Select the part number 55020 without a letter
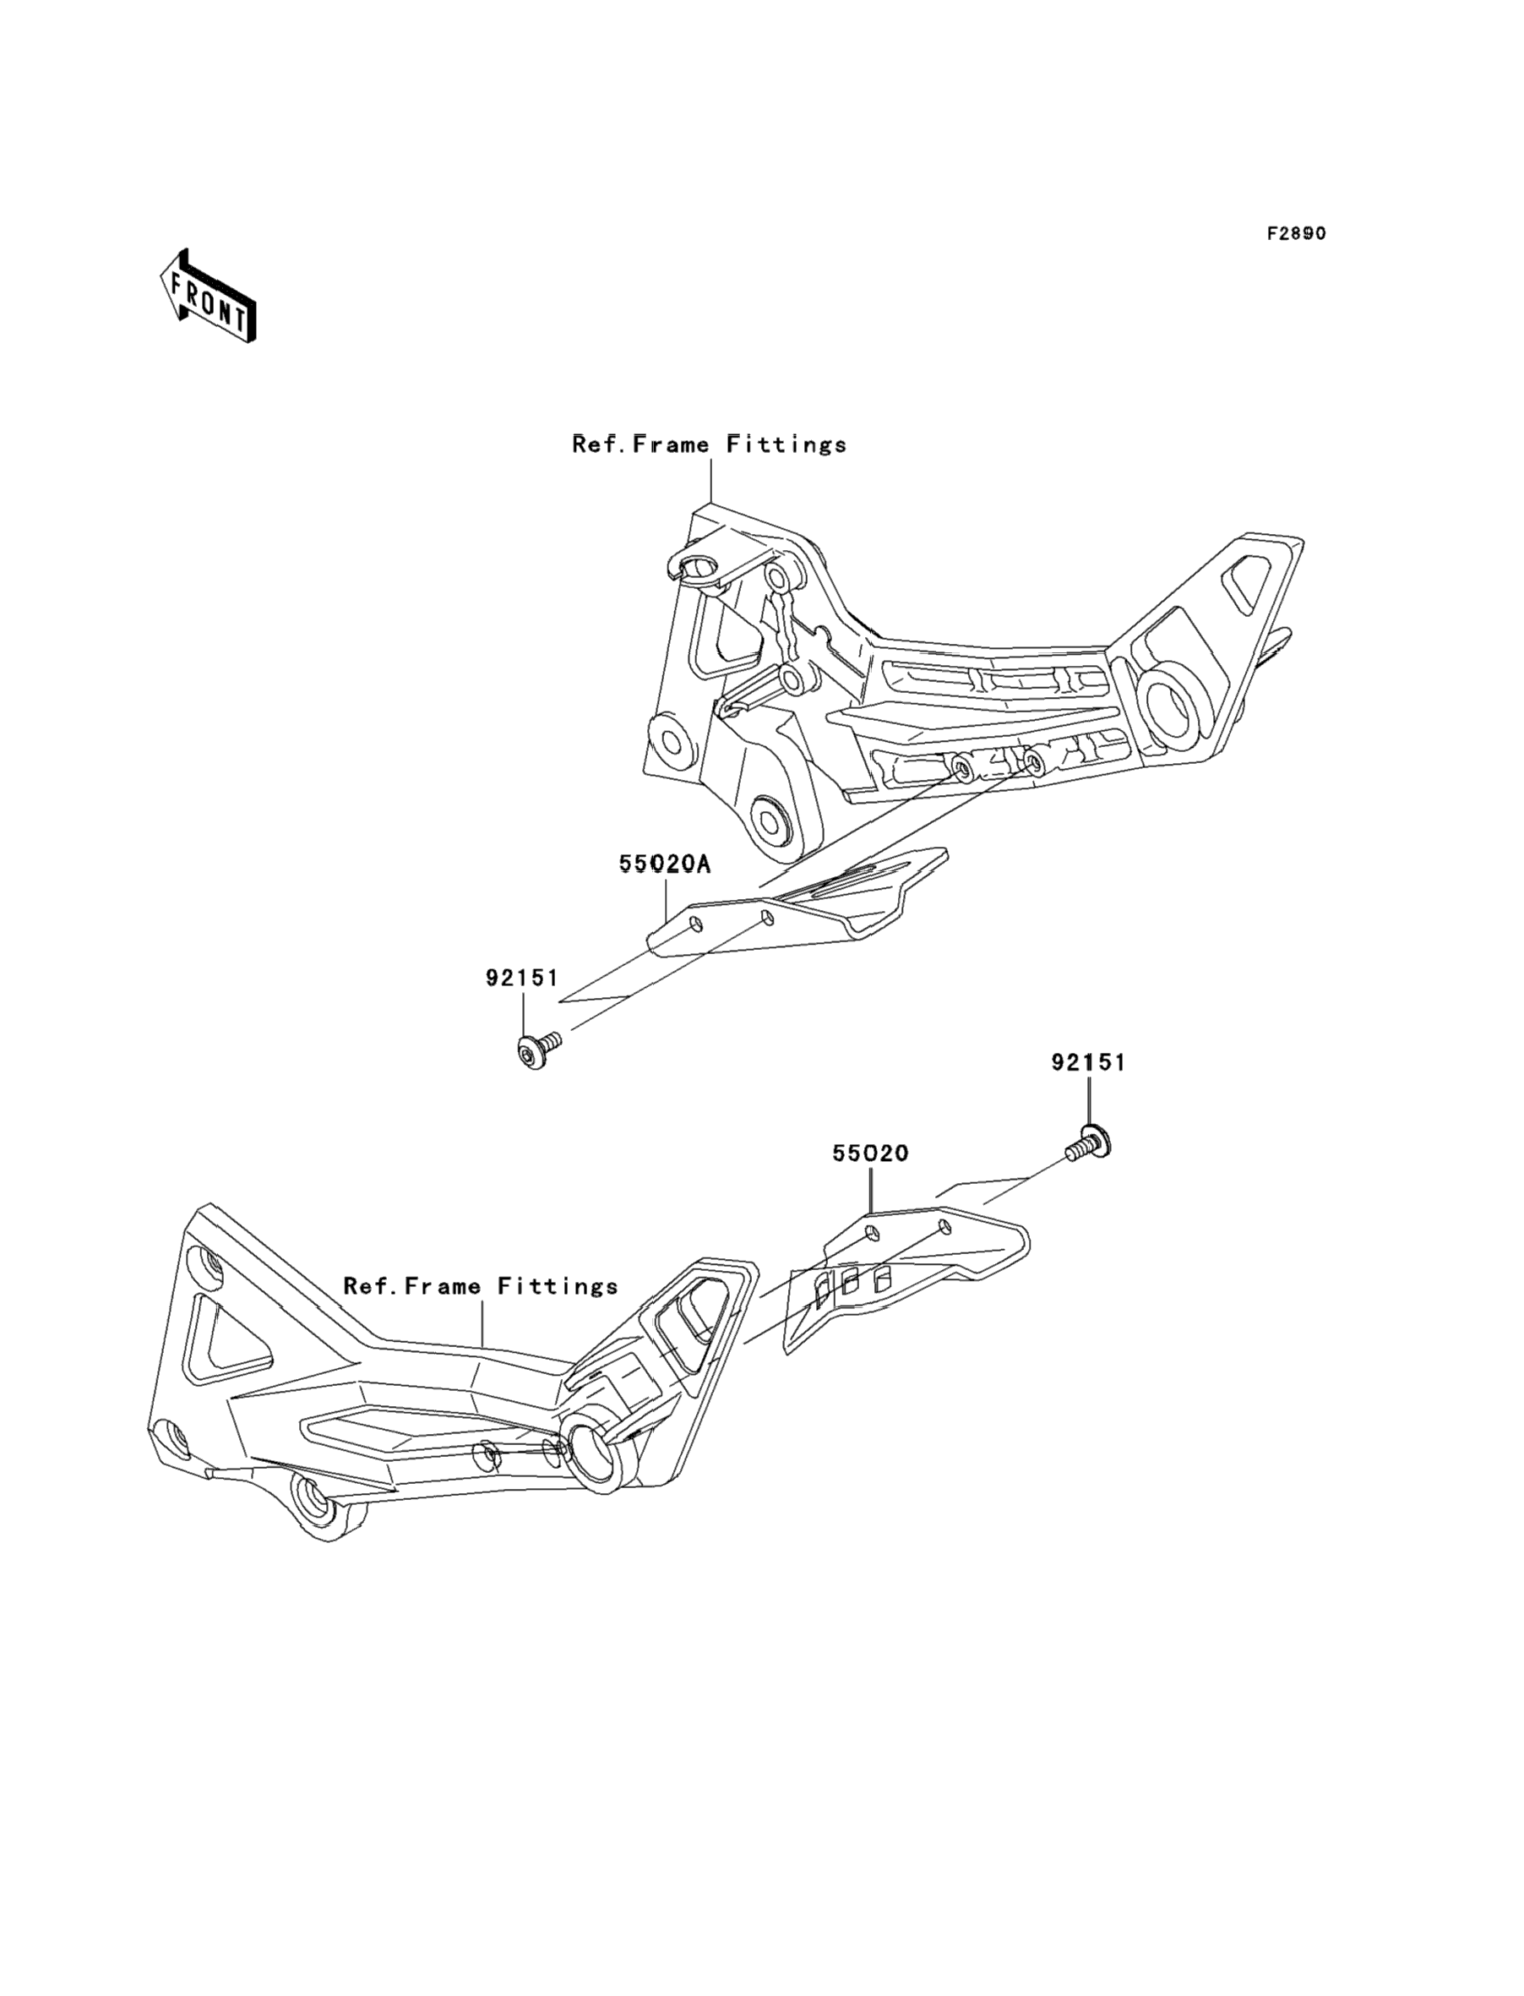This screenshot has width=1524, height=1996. click(x=871, y=1153)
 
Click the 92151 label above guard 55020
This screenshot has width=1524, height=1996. click(x=1089, y=1062)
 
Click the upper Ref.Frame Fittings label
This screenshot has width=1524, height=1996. click(x=710, y=444)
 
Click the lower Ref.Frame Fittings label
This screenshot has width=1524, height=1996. click(x=481, y=1286)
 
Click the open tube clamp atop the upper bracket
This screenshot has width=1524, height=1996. click(x=700, y=569)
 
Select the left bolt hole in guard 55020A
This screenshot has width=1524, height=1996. click(x=696, y=924)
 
